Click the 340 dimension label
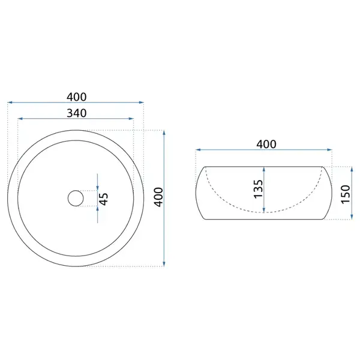[77, 113]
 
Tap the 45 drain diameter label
[104, 199]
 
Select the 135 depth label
[258, 189]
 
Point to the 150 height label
[346, 194]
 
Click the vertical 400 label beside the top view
[158, 197]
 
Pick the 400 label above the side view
[266, 145]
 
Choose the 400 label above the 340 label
[77, 97]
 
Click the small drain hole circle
[76, 198]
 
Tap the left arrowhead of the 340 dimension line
[20, 119]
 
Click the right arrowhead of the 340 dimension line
[131, 119]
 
